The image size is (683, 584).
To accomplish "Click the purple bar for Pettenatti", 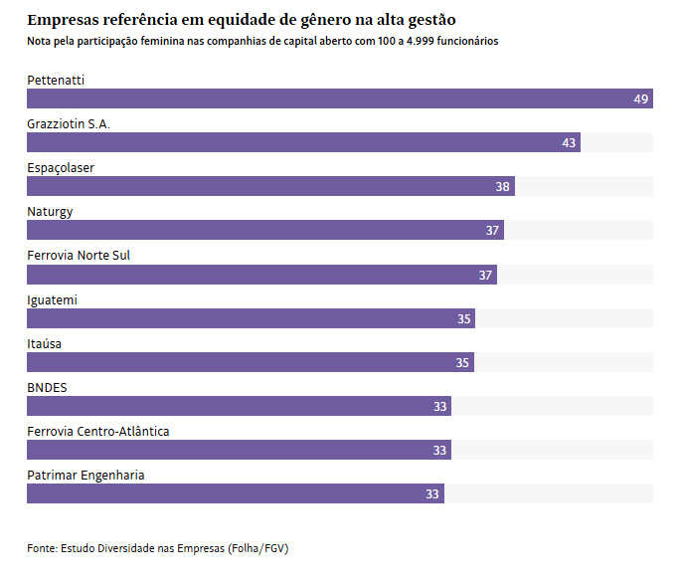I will coord(339,98).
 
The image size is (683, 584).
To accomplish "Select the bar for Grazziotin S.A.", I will coord(303,142).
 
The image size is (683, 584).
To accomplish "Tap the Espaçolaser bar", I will coord(270,186).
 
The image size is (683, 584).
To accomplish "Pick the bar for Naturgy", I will coord(265,230).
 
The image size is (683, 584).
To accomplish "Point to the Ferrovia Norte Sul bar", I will coord(261,275).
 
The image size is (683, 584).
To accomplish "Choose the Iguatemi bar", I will coord(251,318).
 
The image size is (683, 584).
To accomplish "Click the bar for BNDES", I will coord(239,406).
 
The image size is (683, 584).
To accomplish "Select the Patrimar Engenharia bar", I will coord(236,493).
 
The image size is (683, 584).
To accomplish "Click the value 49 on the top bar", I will coord(640,99).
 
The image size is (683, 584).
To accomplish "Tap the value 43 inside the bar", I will coord(569,143).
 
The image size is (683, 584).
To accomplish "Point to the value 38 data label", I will coord(503,187).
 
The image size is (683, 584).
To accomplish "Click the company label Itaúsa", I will coord(45,343).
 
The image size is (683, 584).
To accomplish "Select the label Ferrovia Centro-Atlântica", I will coord(97,431).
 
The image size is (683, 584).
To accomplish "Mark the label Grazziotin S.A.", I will coord(69,123).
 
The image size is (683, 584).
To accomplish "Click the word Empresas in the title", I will coord(64,20).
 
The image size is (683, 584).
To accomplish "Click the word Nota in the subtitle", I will coord(40,42).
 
